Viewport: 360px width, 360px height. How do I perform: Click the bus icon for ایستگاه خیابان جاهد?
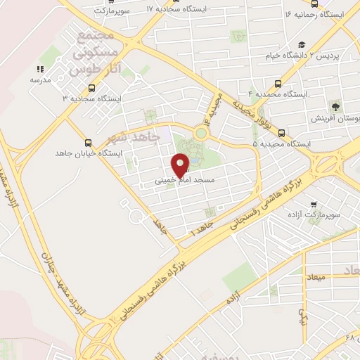pos(88,141)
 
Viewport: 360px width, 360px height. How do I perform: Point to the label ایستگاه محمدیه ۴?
pos(283,94)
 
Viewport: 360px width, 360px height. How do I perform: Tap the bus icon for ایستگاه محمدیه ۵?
pos(281,132)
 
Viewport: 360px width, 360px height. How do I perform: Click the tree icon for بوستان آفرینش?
pos(335,107)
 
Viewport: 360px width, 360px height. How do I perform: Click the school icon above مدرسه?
pos(39,69)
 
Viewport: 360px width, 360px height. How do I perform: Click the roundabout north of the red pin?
pos(202,132)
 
